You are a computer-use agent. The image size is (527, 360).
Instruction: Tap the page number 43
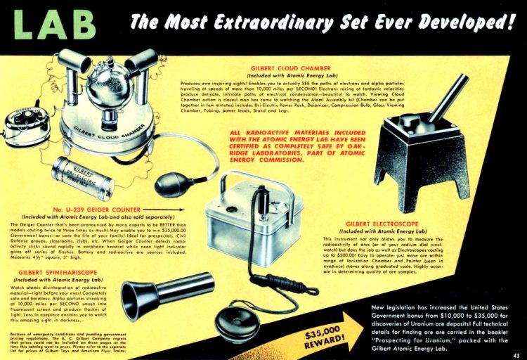(x=516, y=354)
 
